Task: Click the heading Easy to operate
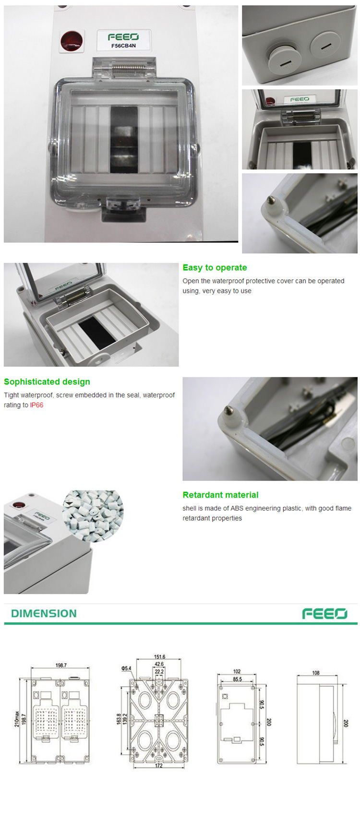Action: tap(215, 268)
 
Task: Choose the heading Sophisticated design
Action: tap(47, 382)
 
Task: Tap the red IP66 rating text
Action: tap(36, 405)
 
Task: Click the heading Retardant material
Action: tap(220, 495)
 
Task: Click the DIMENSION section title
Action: tap(44, 613)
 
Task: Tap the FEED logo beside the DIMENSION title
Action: tap(324, 613)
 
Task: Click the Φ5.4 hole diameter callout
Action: tap(126, 668)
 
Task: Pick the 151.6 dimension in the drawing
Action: tap(159, 657)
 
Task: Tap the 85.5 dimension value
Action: tap(237, 679)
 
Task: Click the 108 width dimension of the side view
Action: tap(315, 673)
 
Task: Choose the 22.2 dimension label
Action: tap(159, 671)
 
